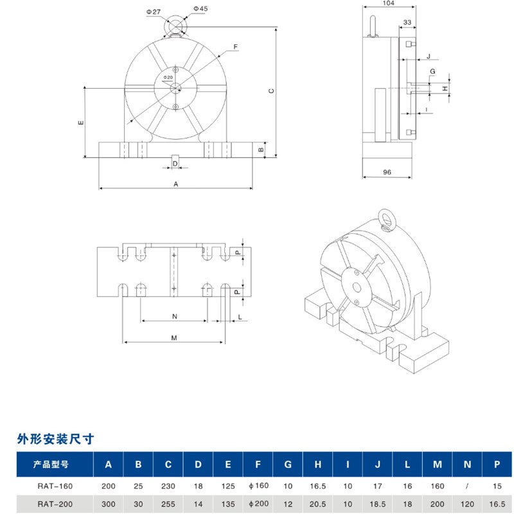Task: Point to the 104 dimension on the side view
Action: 387,4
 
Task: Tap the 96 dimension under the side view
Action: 387,172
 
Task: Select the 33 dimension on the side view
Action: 407,22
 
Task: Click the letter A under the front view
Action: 175,183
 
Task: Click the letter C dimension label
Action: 272,91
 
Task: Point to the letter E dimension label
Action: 80,122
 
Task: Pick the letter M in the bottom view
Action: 173,337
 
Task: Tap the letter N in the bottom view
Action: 175,316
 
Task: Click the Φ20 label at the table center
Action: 168,77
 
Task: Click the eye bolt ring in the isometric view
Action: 385,219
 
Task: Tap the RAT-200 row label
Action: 55,503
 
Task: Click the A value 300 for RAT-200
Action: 109,503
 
